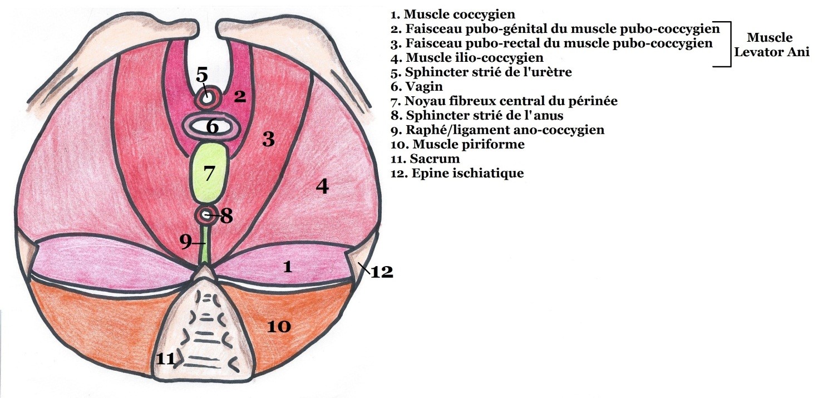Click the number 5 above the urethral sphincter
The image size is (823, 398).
pos(202,76)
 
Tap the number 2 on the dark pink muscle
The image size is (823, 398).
pos(240,97)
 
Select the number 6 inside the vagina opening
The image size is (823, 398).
pos(212,127)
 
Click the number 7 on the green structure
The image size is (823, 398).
pos(209,174)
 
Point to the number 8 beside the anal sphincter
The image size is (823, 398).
pos(225,215)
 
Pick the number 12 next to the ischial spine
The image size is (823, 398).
pos(382,272)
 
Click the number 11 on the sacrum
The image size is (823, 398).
pos(165,359)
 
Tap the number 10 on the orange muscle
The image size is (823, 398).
pos(279,326)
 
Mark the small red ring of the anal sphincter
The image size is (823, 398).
pos(207,214)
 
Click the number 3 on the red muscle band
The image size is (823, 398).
pos(269,139)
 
